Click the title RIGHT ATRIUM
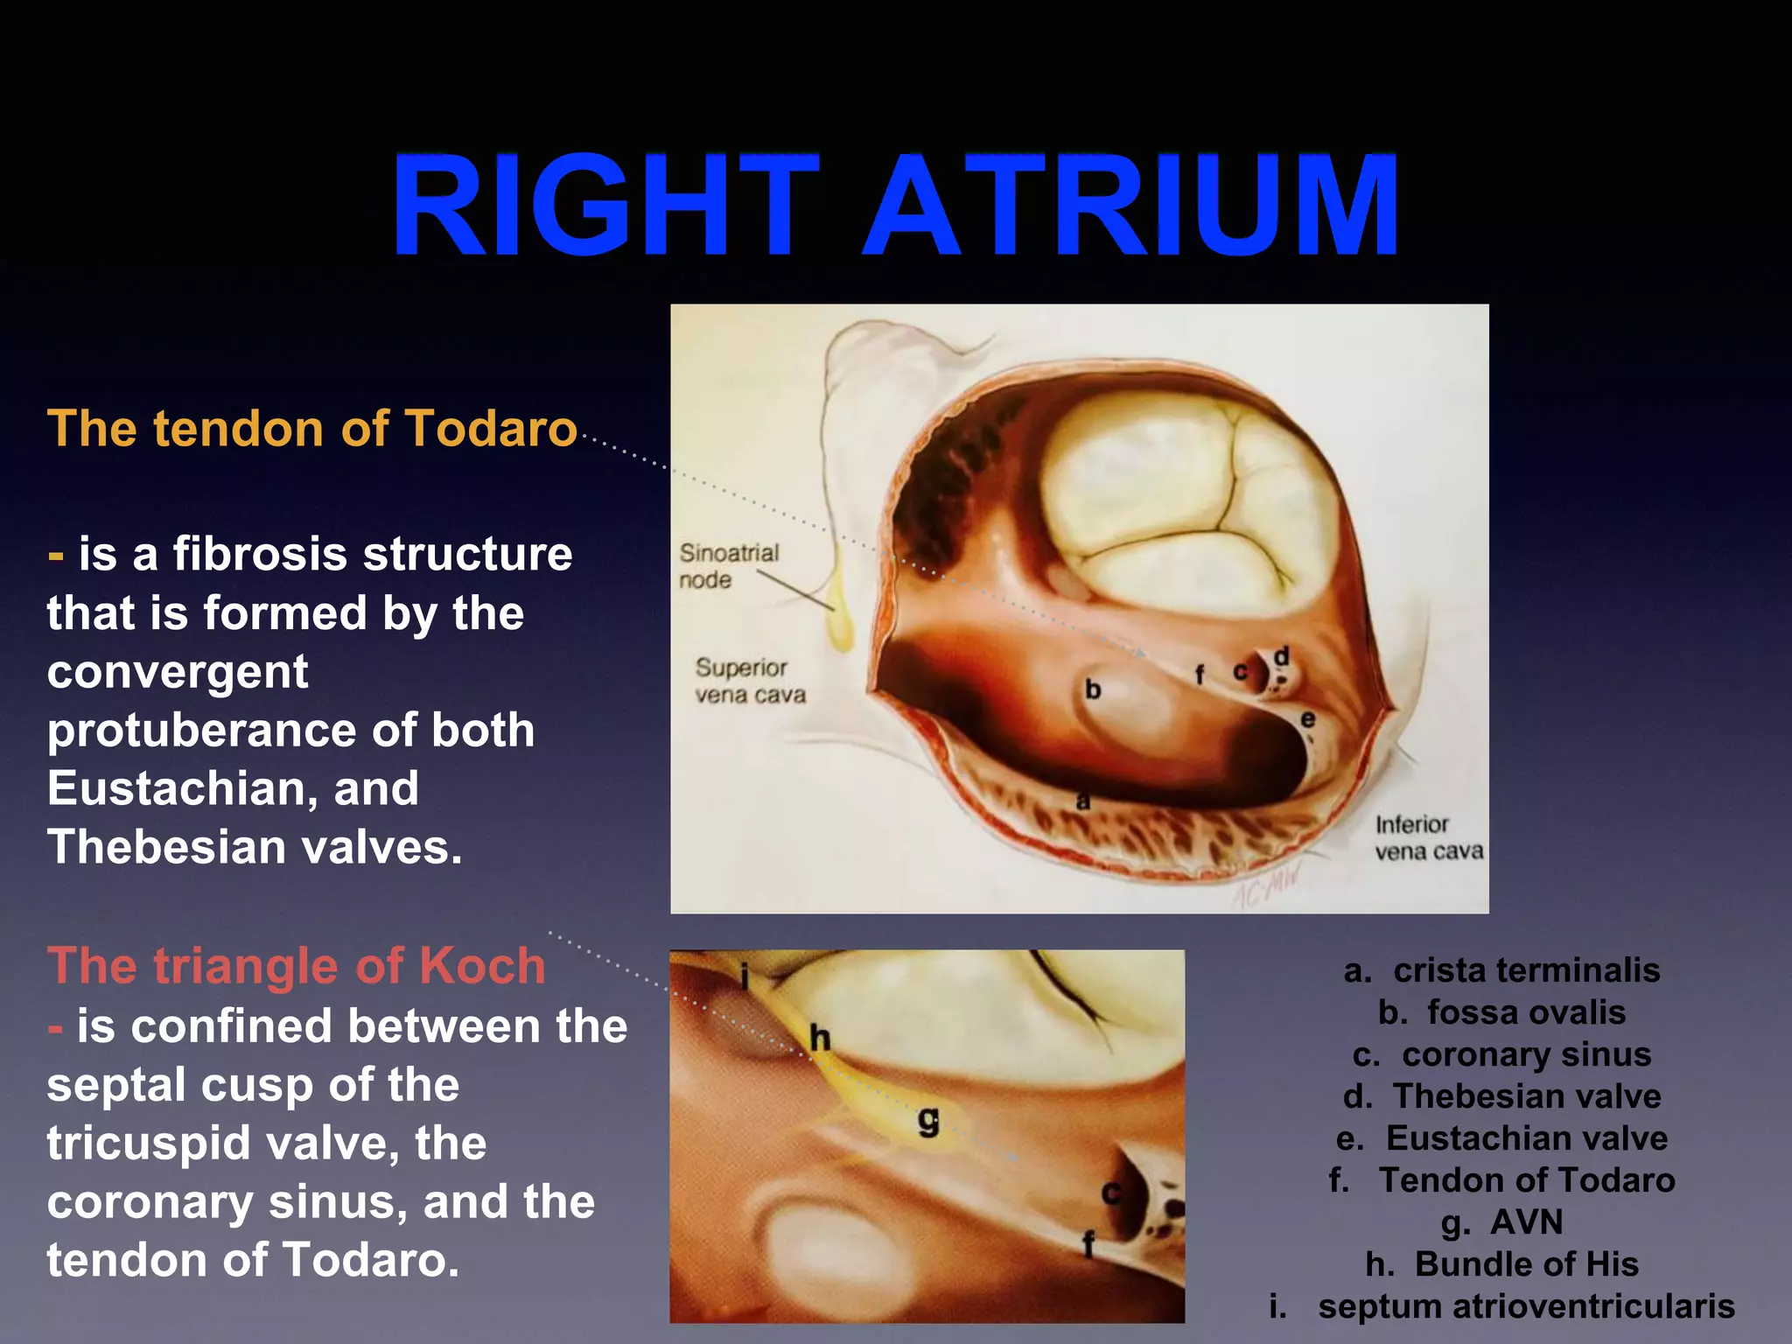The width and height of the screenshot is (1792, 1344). click(x=894, y=206)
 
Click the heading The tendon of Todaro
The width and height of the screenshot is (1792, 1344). click(x=312, y=429)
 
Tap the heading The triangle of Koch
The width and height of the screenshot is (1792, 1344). click(x=297, y=966)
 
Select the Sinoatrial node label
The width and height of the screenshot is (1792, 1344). click(x=728, y=566)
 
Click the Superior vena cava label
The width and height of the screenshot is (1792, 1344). click(x=750, y=681)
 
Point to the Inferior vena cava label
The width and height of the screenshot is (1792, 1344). click(x=1428, y=837)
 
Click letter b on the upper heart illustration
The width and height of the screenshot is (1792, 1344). click(x=1093, y=690)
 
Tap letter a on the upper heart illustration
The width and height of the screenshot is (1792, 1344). click(x=1083, y=801)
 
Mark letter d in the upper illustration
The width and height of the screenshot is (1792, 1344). click(x=1281, y=657)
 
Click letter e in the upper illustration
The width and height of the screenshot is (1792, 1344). click(x=1307, y=720)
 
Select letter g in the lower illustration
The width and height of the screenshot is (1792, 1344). click(x=929, y=1121)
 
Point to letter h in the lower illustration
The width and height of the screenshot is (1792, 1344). click(x=820, y=1039)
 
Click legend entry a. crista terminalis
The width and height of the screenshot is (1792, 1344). click(x=1501, y=970)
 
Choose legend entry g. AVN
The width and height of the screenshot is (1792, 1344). click(x=1501, y=1222)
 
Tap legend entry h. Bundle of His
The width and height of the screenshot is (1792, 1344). click(x=1501, y=1264)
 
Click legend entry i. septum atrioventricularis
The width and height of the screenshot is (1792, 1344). click(x=1501, y=1306)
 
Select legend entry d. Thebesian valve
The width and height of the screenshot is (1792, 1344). click(x=1501, y=1096)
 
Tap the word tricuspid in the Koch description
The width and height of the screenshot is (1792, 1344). click(x=150, y=1144)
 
